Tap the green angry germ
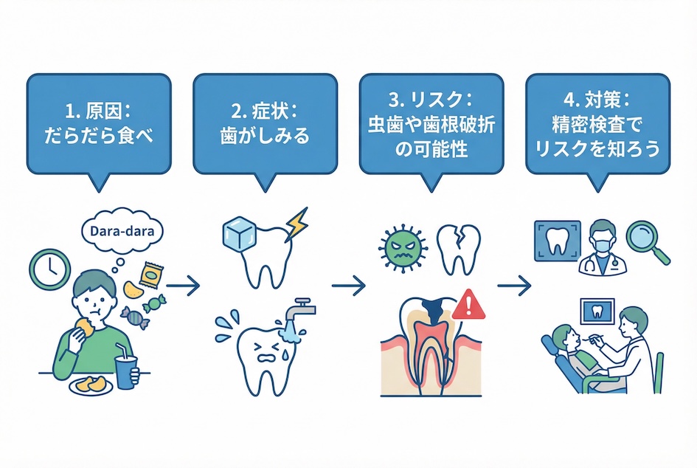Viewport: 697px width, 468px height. (401, 247)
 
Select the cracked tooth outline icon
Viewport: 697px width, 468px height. (459, 247)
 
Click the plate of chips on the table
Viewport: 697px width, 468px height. (88, 385)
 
